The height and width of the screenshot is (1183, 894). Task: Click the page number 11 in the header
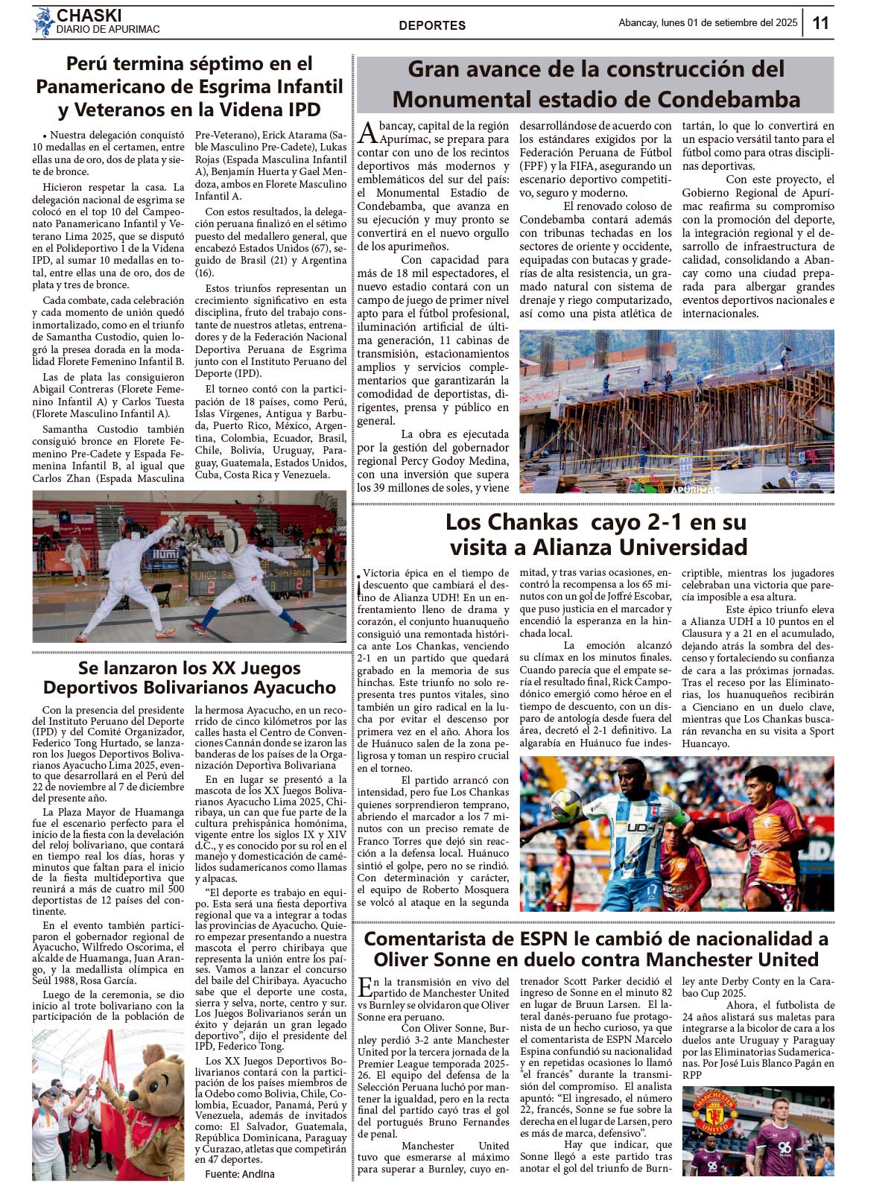pyautogui.click(x=820, y=23)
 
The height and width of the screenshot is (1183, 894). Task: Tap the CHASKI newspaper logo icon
pyautogui.click(x=43, y=22)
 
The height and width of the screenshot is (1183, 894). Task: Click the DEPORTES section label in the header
pyautogui.click(x=432, y=25)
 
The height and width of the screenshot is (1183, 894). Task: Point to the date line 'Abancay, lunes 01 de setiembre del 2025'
pyautogui.click(x=708, y=23)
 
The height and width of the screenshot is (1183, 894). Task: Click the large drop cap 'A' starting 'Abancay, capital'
pyautogui.click(x=367, y=133)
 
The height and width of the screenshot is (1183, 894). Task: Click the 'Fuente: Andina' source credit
pyautogui.click(x=240, y=1174)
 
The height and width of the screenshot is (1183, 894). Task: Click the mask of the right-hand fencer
pyautogui.click(x=235, y=540)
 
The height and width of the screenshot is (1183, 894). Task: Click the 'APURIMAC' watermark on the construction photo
pyautogui.click(x=696, y=489)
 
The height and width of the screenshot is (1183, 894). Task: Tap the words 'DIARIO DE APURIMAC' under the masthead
pyautogui.click(x=108, y=30)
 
